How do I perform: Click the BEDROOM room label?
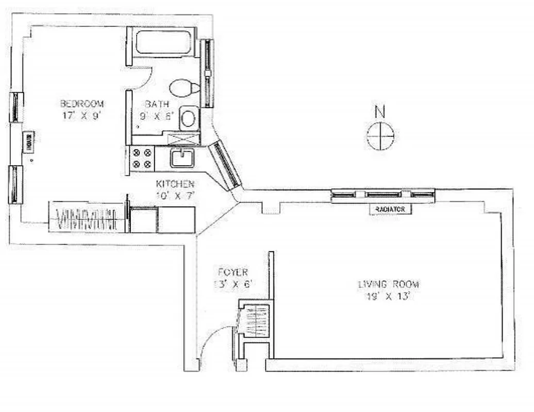coord(81,104)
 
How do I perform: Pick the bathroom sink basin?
coord(188,118)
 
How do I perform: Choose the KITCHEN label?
coord(175,184)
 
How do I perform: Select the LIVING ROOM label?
coord(389,284)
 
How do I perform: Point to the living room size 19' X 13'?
coord(389,296)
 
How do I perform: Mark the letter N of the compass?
coord(380,111)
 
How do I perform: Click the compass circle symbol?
coord(380,135)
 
